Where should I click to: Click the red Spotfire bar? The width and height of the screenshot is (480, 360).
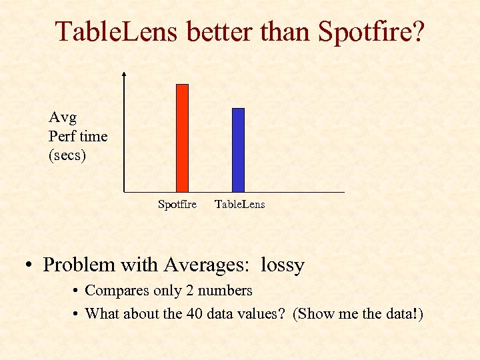coord(182,138)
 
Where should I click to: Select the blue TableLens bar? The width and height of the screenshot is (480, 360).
coord(238,150)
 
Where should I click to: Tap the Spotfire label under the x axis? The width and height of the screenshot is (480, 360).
coord(177,205)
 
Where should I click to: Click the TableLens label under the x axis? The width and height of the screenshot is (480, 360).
coord(239,205)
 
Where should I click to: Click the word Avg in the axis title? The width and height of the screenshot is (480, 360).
coord(63,118)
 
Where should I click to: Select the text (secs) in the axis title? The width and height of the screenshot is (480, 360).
coord(67,155)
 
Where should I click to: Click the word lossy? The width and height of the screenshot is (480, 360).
coord(282,265)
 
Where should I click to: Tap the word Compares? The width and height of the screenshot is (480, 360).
coord(114,291)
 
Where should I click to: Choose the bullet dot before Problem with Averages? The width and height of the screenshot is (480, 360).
coord(31,266)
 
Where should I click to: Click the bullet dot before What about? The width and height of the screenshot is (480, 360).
coord(77,313)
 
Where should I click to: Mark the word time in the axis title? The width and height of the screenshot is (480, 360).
coord(93,137)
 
